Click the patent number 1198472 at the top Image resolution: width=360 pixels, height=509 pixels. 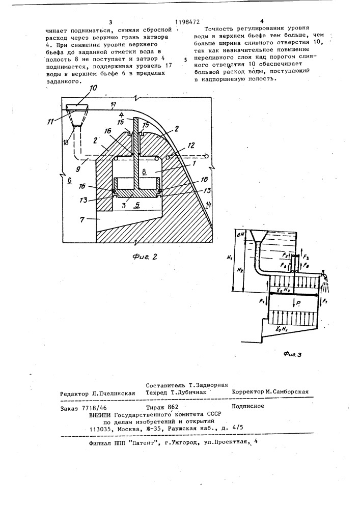click(186, 21)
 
